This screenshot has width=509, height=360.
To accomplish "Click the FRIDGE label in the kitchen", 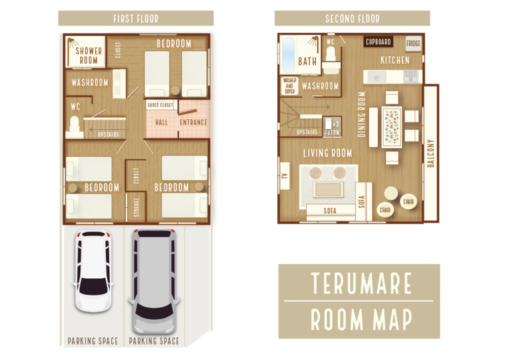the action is tap(413, 43).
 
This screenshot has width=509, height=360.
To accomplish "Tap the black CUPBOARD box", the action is tap(378, 42).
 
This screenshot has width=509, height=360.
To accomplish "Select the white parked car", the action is tap(93, 271).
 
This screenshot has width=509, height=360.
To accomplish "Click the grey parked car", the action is tap(154, 281).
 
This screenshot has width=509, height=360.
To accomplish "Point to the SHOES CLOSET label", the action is tap(160, 105).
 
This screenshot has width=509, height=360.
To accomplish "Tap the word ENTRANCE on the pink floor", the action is tap(194, 123).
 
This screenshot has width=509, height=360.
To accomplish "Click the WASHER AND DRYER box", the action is tap(289, 86).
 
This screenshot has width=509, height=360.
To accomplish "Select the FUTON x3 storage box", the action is tap(332, 127).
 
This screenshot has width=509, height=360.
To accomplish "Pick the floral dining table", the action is tap(392, 127).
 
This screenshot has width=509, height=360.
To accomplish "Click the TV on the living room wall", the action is tap(285, 176).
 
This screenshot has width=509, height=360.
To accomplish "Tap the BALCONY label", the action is tap(431, 154).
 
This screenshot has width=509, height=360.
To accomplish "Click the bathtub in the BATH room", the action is tap(288, 55).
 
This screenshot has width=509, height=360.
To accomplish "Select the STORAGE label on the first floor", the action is tap(137, 207).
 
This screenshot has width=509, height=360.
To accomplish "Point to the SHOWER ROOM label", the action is tap(88, 56).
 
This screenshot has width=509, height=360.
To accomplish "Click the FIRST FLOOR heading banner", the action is tap(136, 18).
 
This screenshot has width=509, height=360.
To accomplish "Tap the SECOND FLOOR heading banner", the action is tap(352, 18).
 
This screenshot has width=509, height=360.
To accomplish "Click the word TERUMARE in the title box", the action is tap(361, 284).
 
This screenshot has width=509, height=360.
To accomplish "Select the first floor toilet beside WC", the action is tap(74, 127).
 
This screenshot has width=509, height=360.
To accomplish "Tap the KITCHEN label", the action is tap(395, 60).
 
